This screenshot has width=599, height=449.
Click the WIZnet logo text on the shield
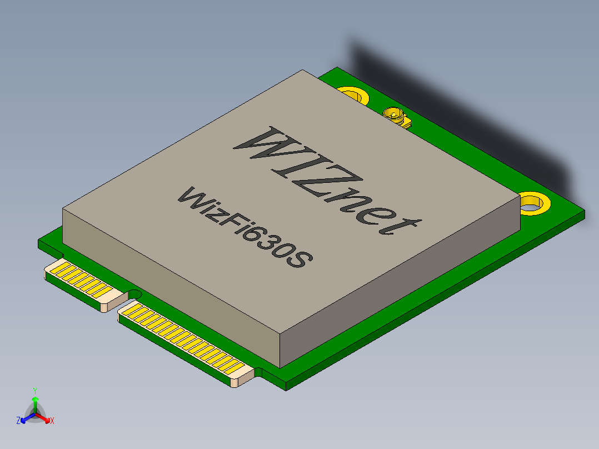(x=325, y=181)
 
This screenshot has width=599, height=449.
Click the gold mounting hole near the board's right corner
(x=534, y=202)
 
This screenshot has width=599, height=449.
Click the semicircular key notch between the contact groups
(x=135, y=293)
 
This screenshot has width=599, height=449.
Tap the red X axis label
(x=52, y=421)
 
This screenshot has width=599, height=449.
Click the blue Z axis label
(x=18, y=421)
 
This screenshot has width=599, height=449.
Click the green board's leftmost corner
(x=39, y=243)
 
